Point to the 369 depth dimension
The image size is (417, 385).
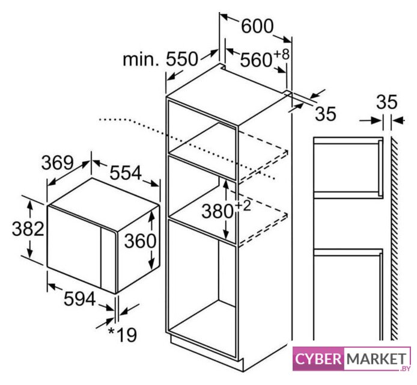(x=58, y=162)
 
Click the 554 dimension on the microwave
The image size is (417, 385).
(x=126, y=173)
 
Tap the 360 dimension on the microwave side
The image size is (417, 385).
(x=140, y=241)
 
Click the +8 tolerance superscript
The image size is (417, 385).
(x=281, y=54)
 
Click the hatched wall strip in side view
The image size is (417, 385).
(x=394, y=241)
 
